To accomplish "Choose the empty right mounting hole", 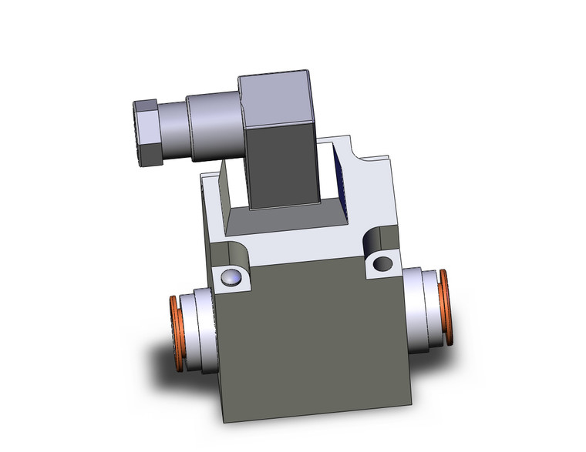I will [382, 264].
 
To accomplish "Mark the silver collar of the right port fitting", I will [423, 307].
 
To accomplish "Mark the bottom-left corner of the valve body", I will [224, 420].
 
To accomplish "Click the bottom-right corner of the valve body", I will [411, 404].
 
